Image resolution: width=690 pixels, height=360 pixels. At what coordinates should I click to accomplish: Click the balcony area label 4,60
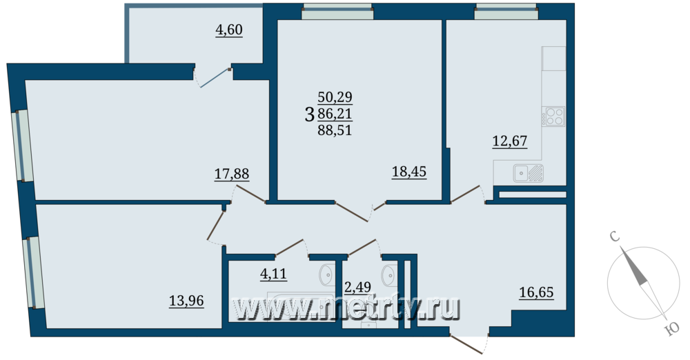point(229,30)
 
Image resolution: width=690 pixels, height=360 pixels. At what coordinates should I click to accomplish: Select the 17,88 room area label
point(232,174)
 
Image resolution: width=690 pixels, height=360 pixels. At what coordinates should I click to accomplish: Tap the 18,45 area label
point(409,172)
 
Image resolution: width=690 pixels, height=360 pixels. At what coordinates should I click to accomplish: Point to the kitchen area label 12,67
point(510,141)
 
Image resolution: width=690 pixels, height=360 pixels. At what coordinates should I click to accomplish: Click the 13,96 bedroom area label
point(186,301)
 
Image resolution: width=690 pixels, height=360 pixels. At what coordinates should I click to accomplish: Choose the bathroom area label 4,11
point(273,274)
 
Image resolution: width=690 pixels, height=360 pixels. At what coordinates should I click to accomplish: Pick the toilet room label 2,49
point(357,287)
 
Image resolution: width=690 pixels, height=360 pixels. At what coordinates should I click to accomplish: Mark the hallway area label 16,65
point(536,292)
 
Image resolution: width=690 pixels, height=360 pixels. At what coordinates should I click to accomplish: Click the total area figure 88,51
point(335,130)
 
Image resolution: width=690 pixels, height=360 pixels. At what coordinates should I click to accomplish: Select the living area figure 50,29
point(335,97)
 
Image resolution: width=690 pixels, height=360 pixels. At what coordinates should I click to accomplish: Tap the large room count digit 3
point(310,114)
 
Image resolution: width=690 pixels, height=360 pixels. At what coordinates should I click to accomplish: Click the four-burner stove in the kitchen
point(553,117)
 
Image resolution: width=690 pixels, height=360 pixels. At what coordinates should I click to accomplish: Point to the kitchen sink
point(528,173)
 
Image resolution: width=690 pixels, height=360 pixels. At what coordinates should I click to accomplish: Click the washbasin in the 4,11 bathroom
point(327,274)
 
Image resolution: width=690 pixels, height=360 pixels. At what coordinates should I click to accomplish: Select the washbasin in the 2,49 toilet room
point(390,275)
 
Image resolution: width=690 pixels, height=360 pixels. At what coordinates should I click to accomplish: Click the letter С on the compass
point(615,237)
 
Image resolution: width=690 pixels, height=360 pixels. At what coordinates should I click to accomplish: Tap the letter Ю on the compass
point(672,329)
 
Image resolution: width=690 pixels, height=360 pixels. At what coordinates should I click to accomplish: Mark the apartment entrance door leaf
point(466,345)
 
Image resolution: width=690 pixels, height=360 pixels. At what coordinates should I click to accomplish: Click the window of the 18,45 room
point(337,12)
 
